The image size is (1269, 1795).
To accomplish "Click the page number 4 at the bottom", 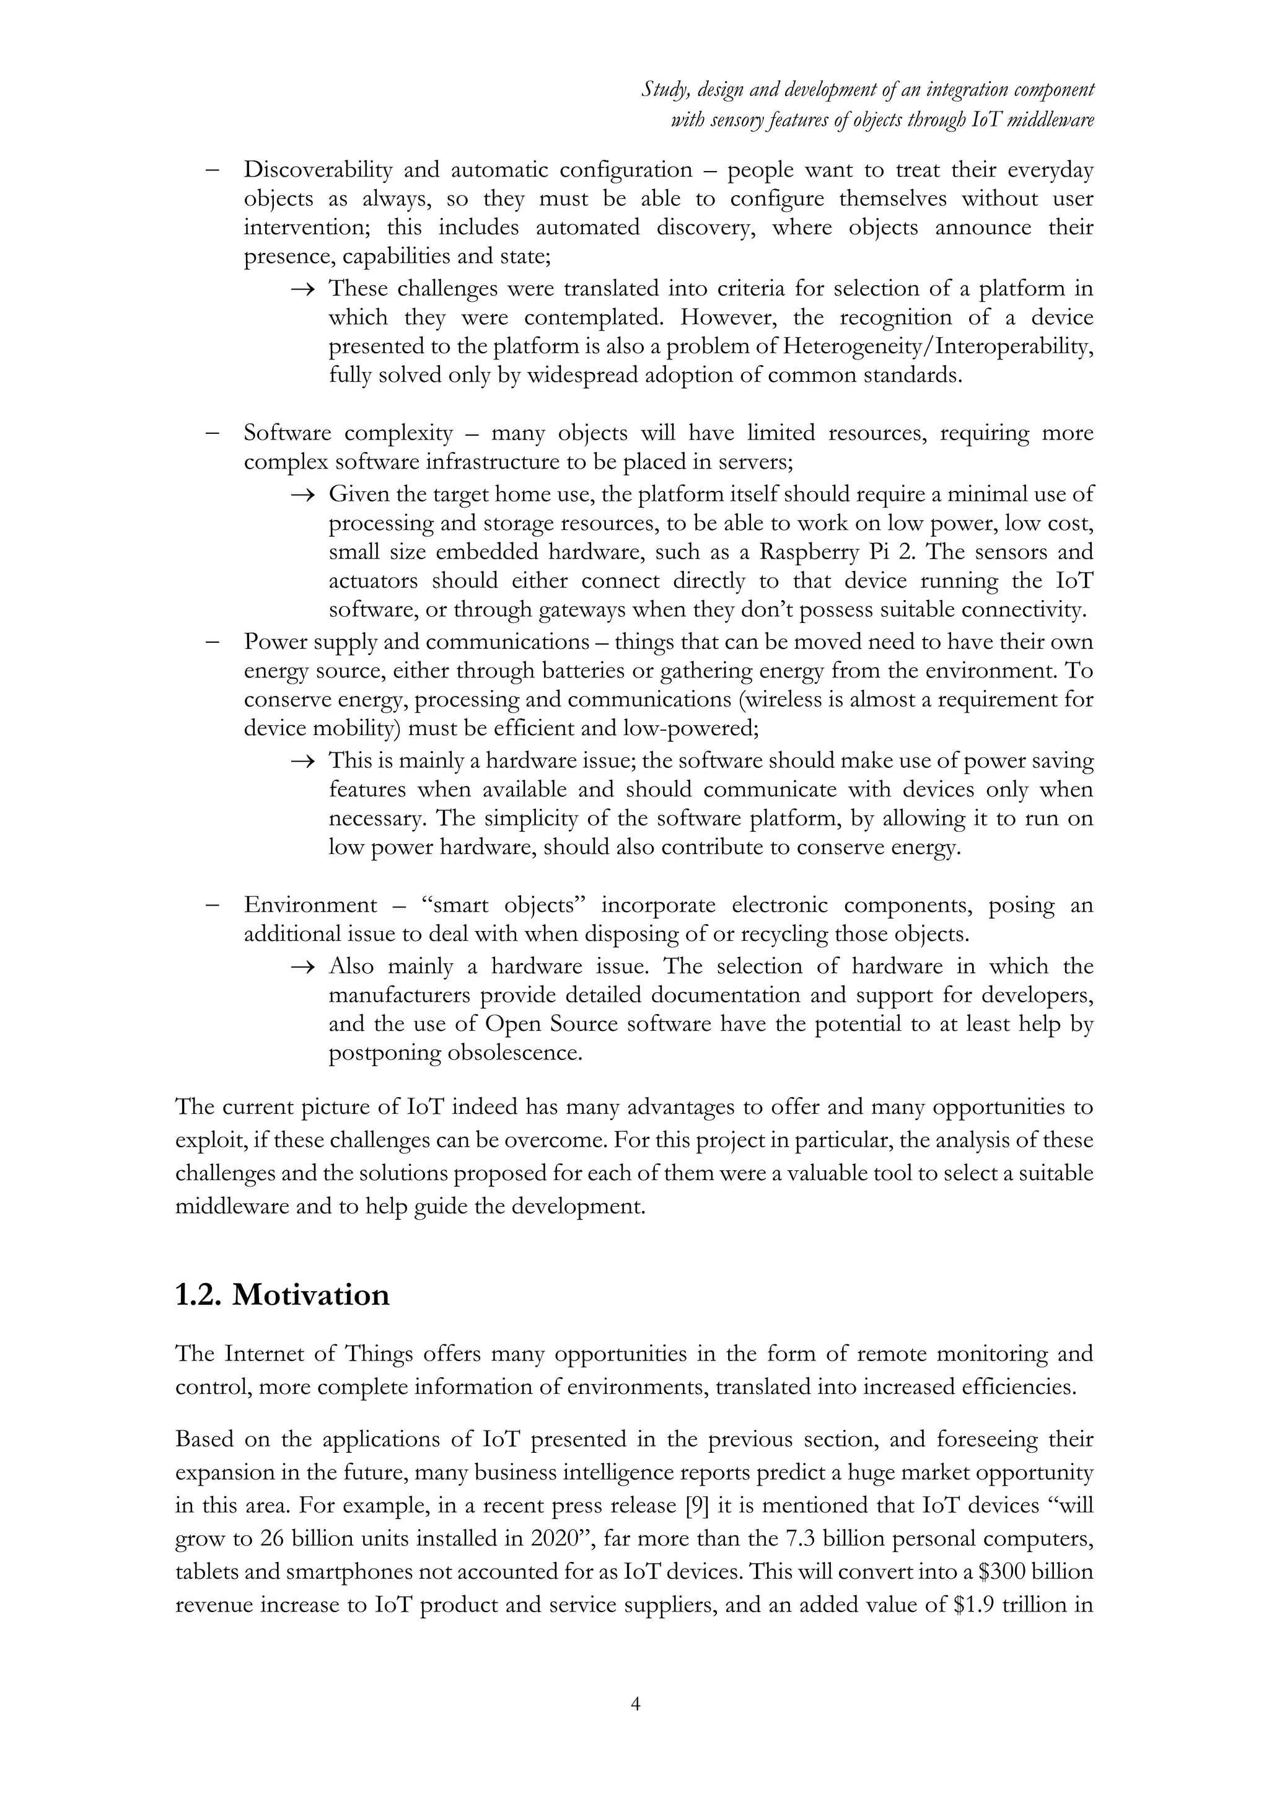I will (x=635, y=1705).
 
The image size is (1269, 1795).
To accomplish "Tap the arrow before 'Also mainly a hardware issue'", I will (x=302, y=967).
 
